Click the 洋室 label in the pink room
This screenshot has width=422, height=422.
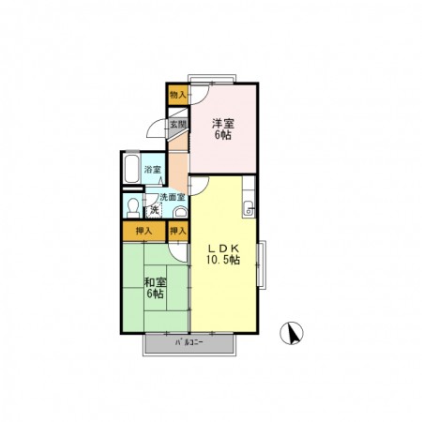pos(223,124)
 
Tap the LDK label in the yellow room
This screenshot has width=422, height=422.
pos(224,249)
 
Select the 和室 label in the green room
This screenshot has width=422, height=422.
pos(155,282)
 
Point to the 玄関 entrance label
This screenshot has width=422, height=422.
pos(178,124)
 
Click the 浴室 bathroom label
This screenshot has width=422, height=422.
pos(153,170)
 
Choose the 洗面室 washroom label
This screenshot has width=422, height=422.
pos(173,197)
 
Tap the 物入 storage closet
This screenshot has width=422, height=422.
pos(178,95)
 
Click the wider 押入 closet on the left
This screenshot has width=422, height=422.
pos(143,232)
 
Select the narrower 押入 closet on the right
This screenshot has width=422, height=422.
pos(178,232)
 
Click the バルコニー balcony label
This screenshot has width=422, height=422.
pos(189,342)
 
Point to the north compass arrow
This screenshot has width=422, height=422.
pos(292,334)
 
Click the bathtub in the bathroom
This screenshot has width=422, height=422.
pos(131,169)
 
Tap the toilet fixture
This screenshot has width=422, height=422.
pos(133,207)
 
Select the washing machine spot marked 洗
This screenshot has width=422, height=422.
pos(154,210)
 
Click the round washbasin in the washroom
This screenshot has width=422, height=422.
pos(180,212)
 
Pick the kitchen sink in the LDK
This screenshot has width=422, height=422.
pos(249,209)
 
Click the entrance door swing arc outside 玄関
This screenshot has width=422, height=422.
pos(154,127)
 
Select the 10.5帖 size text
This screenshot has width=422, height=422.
pos(223,260)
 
